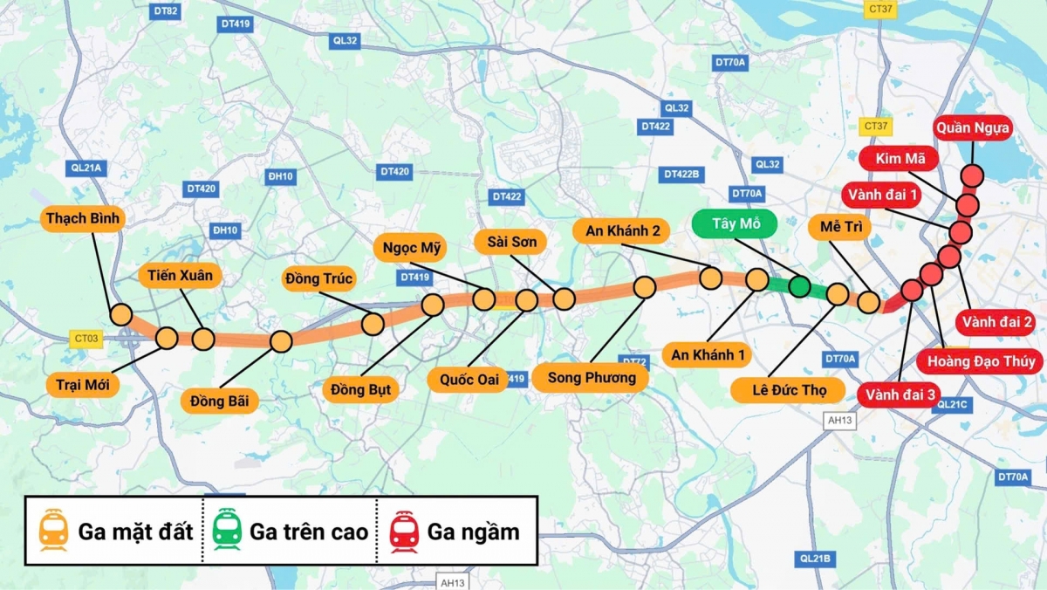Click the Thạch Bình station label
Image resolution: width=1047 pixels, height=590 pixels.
pyautogui.click(x=84, y=218)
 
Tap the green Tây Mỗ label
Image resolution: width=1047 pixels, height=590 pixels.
pyautogui.click(x=737, y=223)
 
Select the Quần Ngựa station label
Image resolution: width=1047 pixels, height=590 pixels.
pyautogui.click(x=973, y=129)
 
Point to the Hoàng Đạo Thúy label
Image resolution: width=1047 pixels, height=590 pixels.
pyautogui.click(x=981, y=361)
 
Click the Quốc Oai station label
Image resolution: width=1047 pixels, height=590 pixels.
pyautogui.click(x=462, y=380)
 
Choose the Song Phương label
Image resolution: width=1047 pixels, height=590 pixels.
pyautogui.click(x=592, y=378)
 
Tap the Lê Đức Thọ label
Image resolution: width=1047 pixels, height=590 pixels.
pyautogui.click(x=788, y=388)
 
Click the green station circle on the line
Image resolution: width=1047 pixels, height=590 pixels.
pyautogui.click(x=799, y=285)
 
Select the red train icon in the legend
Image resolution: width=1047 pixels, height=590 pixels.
pyautogui.click(x=404, y=532)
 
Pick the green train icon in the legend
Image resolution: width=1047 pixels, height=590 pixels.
pyautogui.click(x=227, y=532)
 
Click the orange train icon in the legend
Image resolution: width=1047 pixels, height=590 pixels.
pyautogui.click(x=53, y=532)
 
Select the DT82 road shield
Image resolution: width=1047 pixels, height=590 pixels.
pyautogui.click(x=165, y=11)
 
